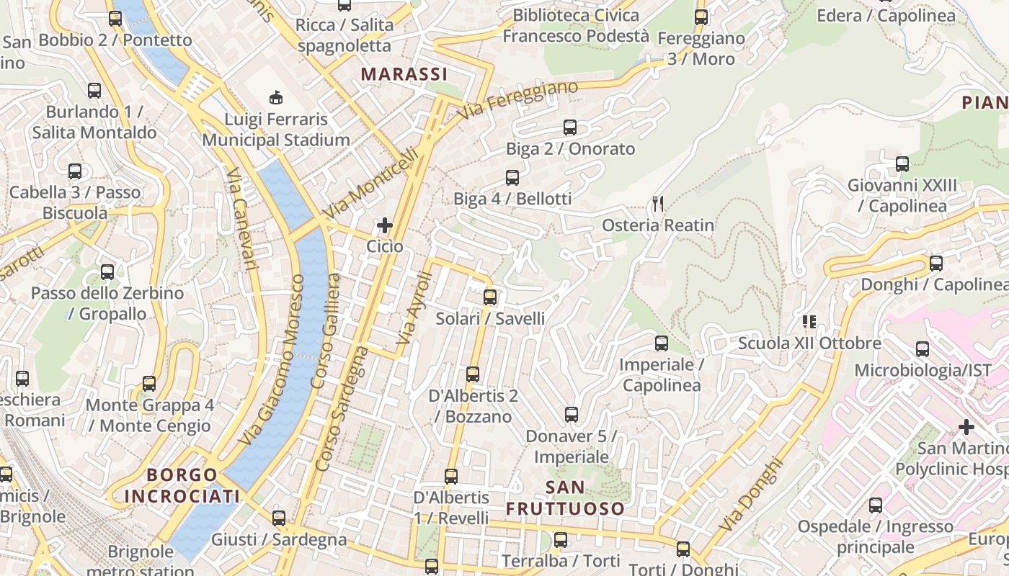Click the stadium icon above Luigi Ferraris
coord(275,97)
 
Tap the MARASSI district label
coord(404,74)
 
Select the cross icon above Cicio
coord(385,226)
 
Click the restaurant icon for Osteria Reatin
coord(657,204)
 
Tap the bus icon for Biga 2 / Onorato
coord(570,127)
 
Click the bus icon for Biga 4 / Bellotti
coord(512,177)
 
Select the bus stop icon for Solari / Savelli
coord(490,297)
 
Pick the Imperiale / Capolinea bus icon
coord(662,343)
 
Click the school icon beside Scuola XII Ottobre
coord(809,322)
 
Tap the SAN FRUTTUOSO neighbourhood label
coord(565,498)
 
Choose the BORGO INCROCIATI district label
coord(182,485)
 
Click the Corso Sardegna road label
coord(342,409)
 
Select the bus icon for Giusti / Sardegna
coord(279,518)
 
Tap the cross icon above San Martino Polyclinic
coord(966,428)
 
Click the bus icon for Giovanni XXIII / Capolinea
coord(902,164)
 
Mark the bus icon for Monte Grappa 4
coord(149,383)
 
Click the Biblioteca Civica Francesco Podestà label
coord(576,25)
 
